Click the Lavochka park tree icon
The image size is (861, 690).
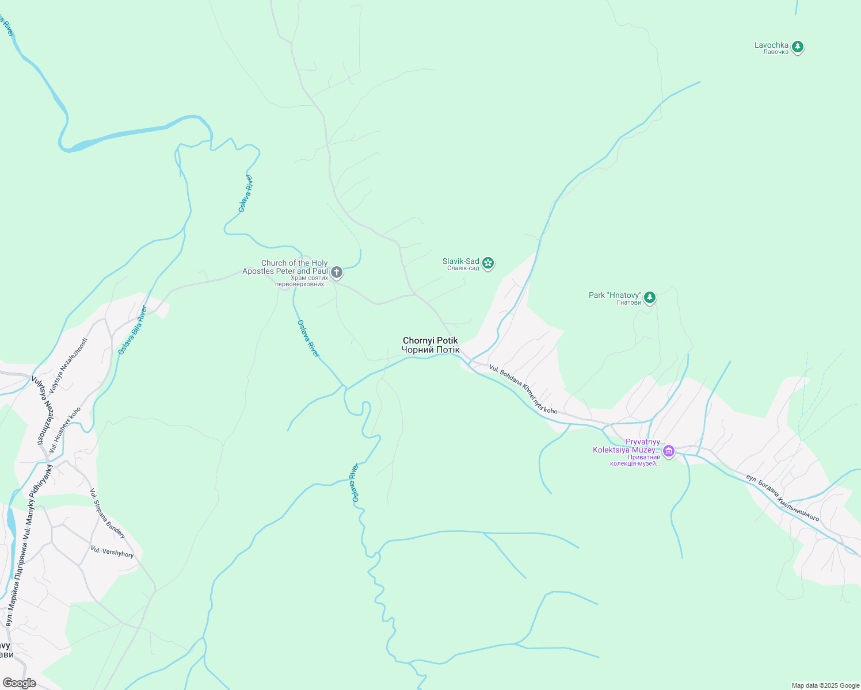click(797, 47)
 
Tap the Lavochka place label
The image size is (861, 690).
click(772, 48)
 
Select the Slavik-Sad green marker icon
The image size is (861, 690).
click(488, 263)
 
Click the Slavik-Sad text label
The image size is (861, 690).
click(461, 264)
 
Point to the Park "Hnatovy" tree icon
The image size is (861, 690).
click(650, 297)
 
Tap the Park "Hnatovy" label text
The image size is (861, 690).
click(615, 298)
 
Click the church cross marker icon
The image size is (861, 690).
click(337, 272)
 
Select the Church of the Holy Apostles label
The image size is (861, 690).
click(285, 271)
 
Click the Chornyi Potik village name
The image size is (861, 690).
click(430, 345)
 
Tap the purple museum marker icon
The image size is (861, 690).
click(668, 451)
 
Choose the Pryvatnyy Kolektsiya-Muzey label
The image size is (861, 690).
click(627, 453)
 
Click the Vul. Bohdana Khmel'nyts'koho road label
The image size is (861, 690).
click(523, 389)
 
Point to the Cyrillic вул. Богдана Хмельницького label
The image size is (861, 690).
click(782, 498)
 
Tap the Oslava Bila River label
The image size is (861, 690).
click(133, 330)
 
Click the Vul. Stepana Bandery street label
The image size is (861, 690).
click(107, 513)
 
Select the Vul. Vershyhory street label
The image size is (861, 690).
click(112, 552)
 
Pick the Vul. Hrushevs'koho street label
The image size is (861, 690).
click(65, 430)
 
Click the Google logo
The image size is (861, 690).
click(19, 683)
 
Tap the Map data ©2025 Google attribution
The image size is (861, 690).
click(825, 685)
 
